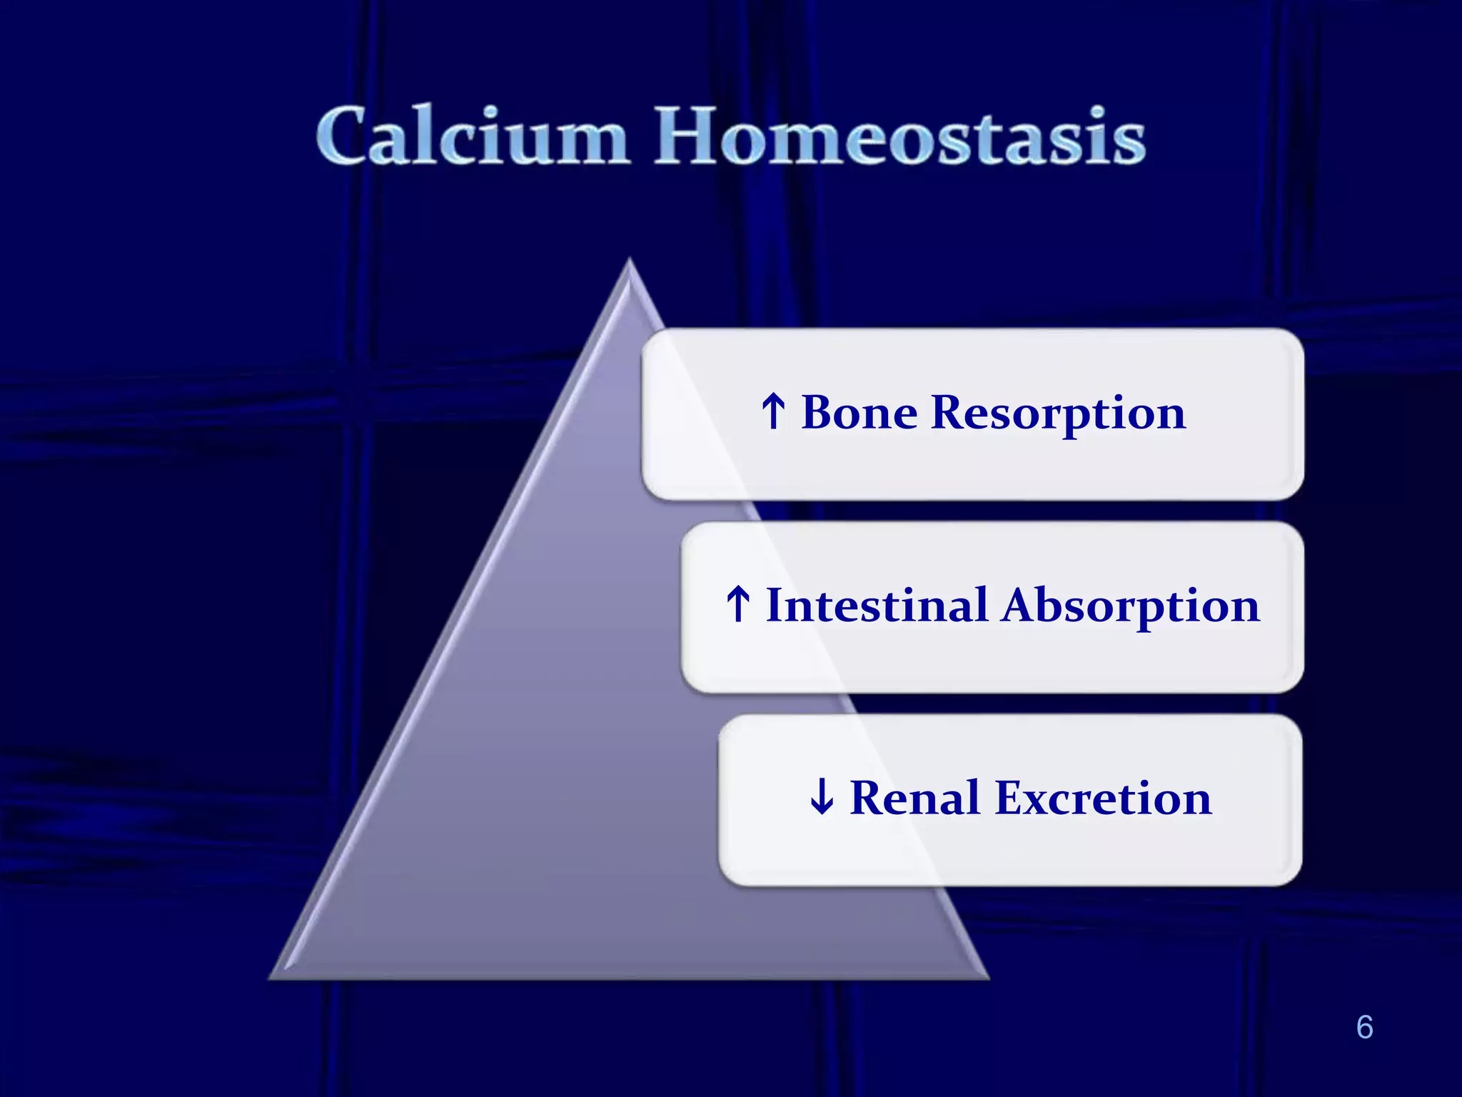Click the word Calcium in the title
(473, 136)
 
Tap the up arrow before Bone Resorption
(774, 411)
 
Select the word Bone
(859, 413)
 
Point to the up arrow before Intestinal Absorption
(738, 604)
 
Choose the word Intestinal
(877, 606)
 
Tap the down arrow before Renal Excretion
(822, 797)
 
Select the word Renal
(914, 798)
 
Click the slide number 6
(1364, 1027)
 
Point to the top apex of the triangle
(629, 261)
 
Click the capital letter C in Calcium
(347, 136)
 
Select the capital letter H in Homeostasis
(689, 136)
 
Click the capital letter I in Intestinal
(776, 606)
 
